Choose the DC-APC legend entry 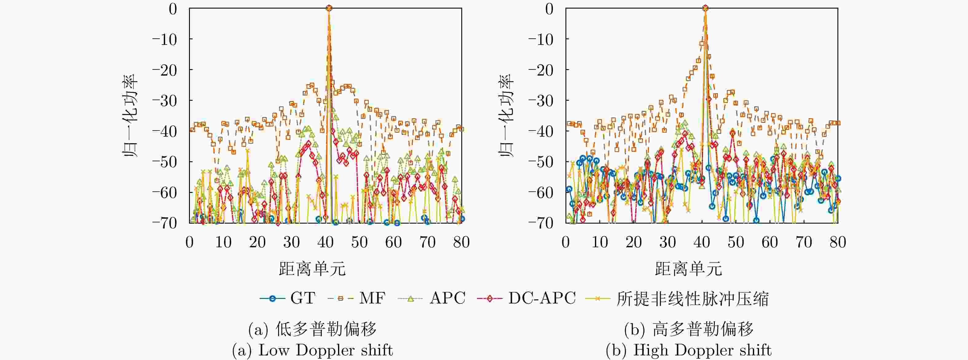tap(526, 298)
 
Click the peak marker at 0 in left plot tap(329, 8)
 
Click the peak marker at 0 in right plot tap(705, 8)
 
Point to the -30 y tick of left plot tap(165, 101)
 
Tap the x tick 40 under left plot tap(325, 242)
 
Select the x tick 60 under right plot tap(769, 242)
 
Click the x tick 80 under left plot tap(462, 242)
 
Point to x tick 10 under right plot tap(600, 242)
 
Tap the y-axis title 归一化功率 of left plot tap(130, 115)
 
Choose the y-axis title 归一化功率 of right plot tap(506, 115)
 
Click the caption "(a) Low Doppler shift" tap(312, 350)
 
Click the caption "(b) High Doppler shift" tap(688, 350)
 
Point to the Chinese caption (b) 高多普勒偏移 tap(688, 329)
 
